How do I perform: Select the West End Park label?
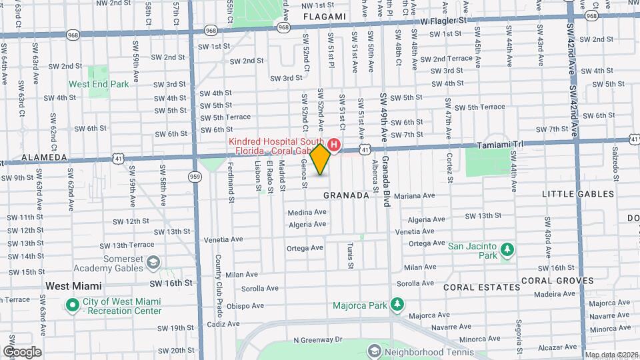point(99,85)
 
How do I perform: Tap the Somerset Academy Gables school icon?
point(153,263)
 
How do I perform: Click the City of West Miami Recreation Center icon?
point(72,305)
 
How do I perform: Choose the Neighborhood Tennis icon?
point(375,350)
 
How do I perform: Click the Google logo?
point(21,352)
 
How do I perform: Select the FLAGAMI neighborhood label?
point(325,16)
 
